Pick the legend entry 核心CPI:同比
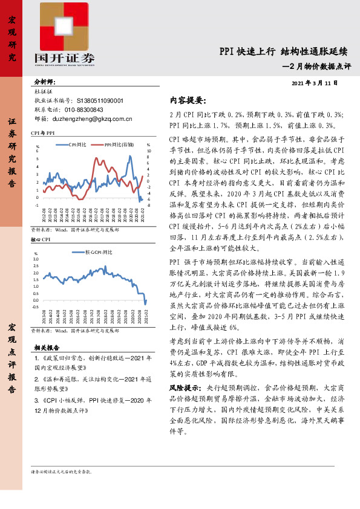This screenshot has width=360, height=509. point(96,251)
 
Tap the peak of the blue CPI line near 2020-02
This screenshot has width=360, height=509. point(129,157)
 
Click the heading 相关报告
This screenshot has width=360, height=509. point(46,348)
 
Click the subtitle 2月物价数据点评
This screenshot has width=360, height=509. point(319,66)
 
